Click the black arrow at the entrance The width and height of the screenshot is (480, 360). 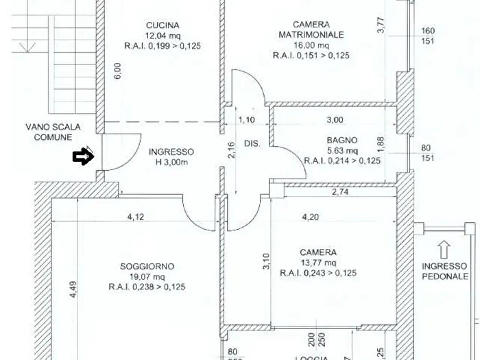82,157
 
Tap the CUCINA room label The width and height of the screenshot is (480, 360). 163,26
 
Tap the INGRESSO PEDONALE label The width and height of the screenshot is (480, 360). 445,272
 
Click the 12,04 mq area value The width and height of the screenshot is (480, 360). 162,36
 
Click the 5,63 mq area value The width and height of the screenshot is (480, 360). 341,151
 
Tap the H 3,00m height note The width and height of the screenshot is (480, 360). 169,162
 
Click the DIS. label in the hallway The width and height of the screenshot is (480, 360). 252,144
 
